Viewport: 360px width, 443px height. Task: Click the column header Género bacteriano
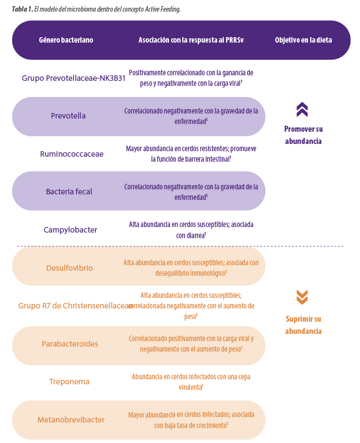point(66,40)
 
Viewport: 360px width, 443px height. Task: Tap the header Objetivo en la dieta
point(304,40)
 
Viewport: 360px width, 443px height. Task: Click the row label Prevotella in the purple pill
point(68,116)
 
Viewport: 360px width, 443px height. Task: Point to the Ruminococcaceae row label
point(71,154)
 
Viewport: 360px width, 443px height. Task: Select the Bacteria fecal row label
point(69,192)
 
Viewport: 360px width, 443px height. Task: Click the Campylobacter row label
point(70,229)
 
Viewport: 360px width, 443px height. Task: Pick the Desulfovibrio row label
point(69,268)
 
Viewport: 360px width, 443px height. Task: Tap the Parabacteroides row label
point(70,344)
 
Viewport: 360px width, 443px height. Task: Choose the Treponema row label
point(69,382)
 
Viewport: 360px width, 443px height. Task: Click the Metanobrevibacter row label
point(71,420)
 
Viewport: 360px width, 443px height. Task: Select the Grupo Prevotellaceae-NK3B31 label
point(74,78)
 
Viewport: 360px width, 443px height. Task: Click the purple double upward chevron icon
point(302,109)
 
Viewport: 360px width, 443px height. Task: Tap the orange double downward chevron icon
point(302,297)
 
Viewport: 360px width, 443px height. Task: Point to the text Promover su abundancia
point(304,135)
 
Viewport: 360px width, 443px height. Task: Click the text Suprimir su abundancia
point(304,325)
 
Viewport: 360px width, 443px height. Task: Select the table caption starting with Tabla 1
point(96,9)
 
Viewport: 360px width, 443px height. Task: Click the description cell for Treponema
point(191,382)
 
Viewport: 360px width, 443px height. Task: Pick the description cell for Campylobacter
point(191,229)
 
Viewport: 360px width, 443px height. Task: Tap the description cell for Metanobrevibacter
point(191,420)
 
